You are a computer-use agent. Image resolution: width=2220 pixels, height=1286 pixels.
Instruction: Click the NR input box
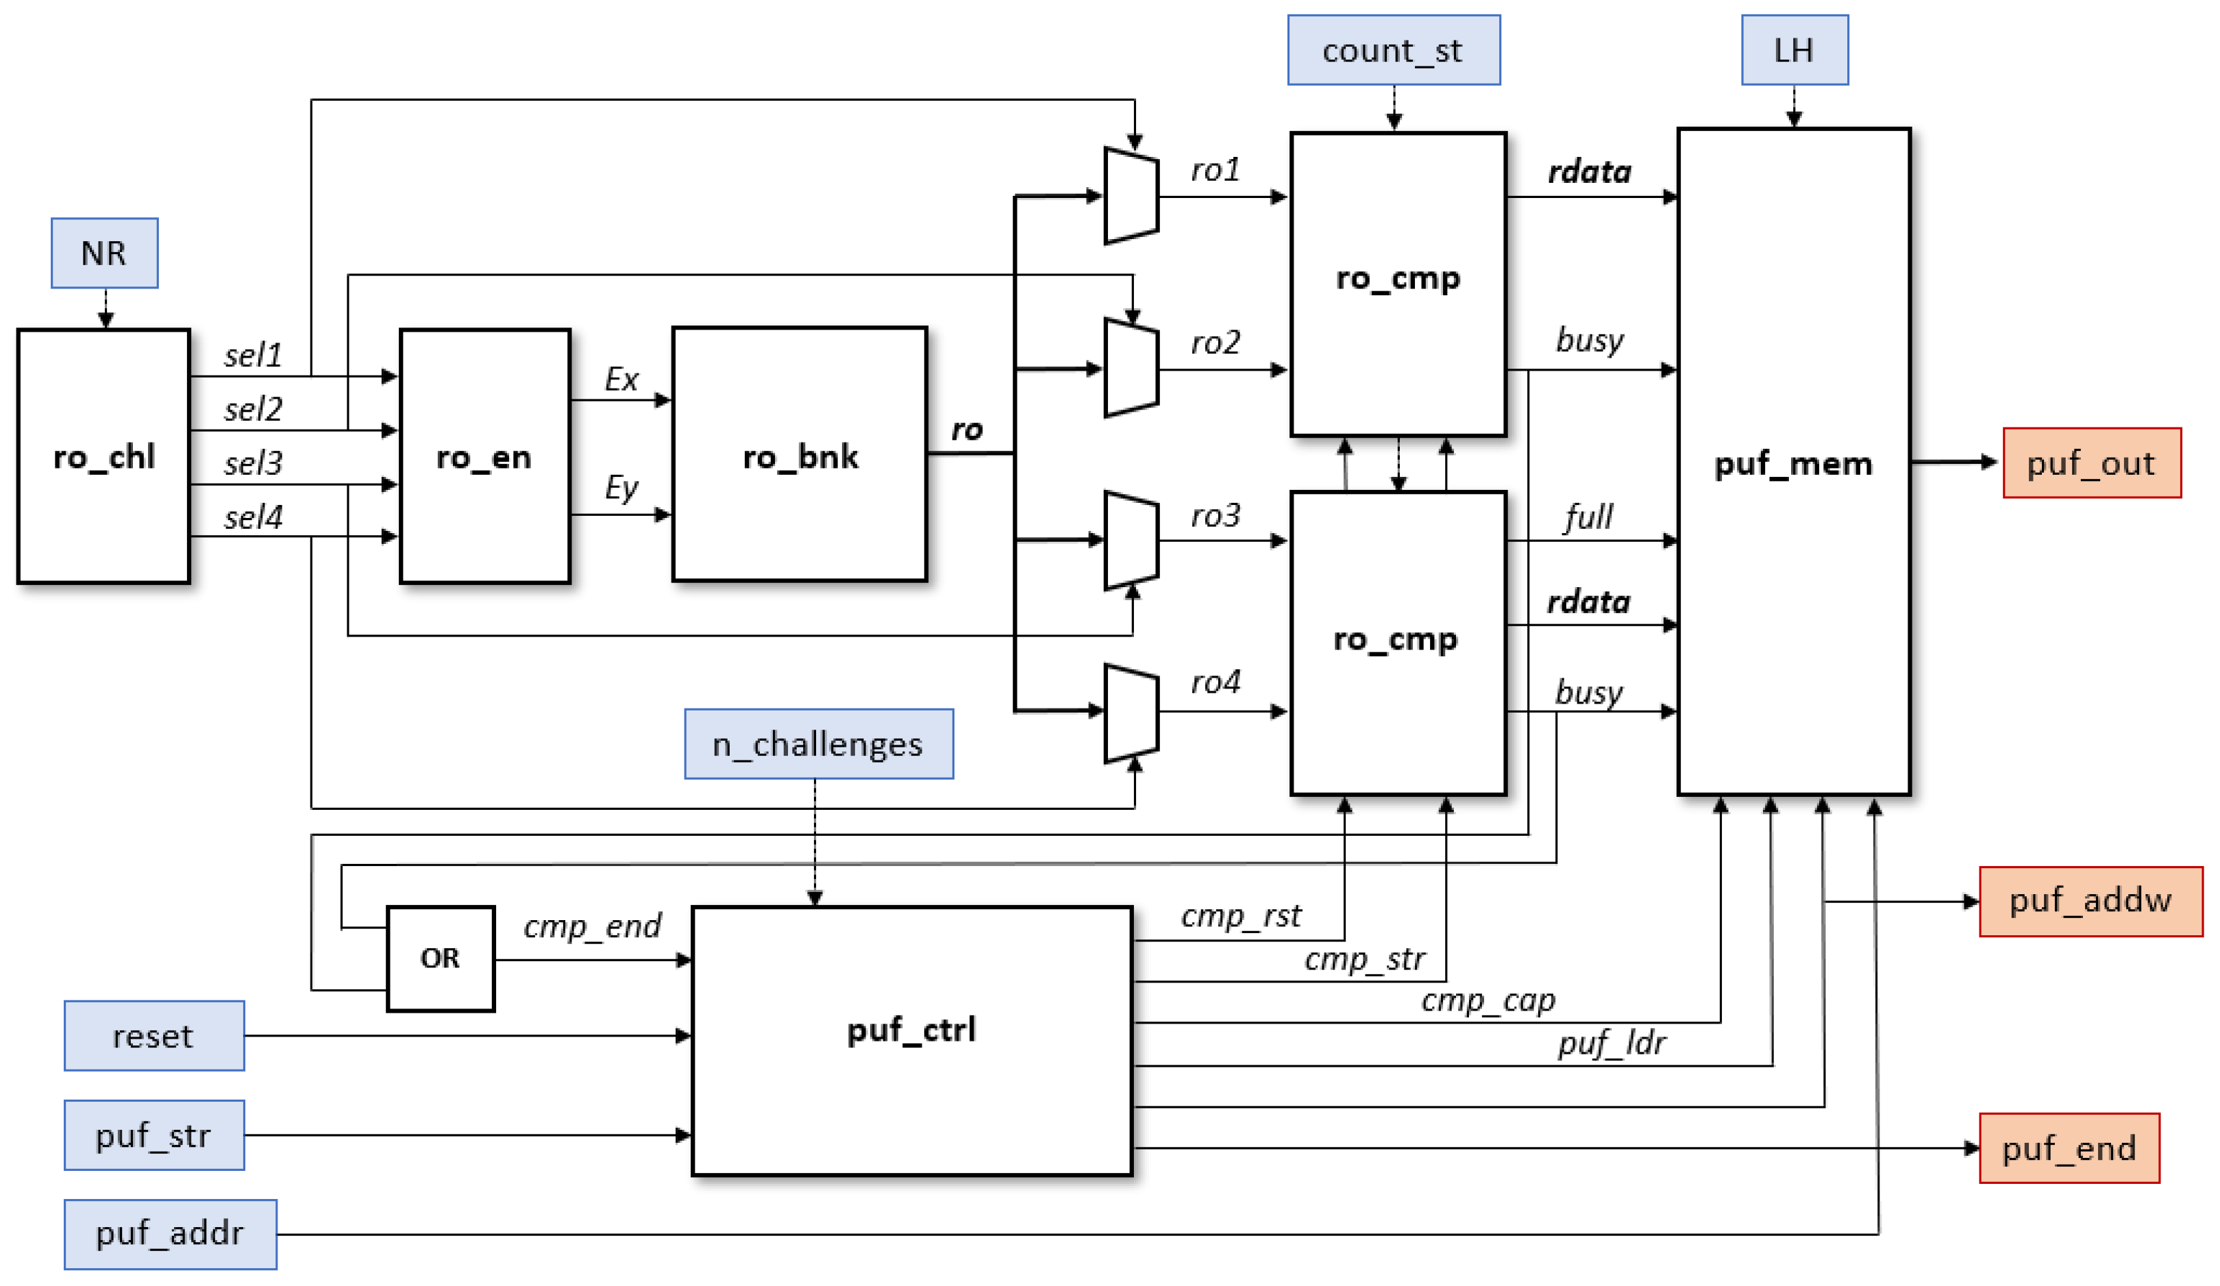point(104,253)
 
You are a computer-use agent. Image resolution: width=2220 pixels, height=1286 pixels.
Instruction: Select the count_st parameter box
point(1393,50)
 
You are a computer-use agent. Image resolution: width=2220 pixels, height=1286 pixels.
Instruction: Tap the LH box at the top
point(1794,50)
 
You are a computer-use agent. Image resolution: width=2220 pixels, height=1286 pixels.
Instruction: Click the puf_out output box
point(2090,463)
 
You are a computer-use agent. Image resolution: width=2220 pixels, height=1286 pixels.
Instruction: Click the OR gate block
point(440,959)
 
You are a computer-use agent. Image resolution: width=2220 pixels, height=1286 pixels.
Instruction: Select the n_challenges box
point(817,744)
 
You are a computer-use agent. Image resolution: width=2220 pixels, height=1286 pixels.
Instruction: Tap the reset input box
point(153,1036)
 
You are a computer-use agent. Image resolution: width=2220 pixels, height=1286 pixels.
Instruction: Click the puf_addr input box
point(169,1233)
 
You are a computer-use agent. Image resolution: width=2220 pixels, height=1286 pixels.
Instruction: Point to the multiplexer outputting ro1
point(1131,195)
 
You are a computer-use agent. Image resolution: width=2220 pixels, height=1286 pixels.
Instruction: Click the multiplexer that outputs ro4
point(1131,712)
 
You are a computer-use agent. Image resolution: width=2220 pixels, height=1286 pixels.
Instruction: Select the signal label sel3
point(253,463)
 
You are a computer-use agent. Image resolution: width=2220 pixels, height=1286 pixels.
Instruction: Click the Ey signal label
point(621,487)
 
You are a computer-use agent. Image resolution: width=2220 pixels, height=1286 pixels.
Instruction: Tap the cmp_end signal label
point(592,926)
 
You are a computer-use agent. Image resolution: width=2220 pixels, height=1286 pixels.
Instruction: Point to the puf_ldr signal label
point(1612,1043)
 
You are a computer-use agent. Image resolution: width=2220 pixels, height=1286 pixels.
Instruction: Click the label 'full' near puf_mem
point(1588,517)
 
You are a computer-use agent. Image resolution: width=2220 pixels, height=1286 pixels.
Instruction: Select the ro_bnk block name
point(800,457)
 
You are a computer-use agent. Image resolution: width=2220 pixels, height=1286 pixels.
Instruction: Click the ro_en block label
point(484,457)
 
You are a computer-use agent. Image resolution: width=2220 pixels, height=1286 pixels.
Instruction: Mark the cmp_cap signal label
point(1488,1000)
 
